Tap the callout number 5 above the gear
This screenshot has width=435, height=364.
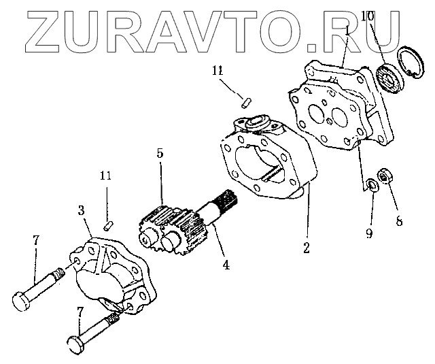click(x=160, y=154)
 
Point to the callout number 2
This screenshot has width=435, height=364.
click(x=307, y=248)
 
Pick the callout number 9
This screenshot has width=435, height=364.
click(x=368, y=233)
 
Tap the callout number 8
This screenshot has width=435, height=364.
click(x=399, y=221)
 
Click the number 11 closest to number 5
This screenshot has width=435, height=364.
click(x=105, y=176)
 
